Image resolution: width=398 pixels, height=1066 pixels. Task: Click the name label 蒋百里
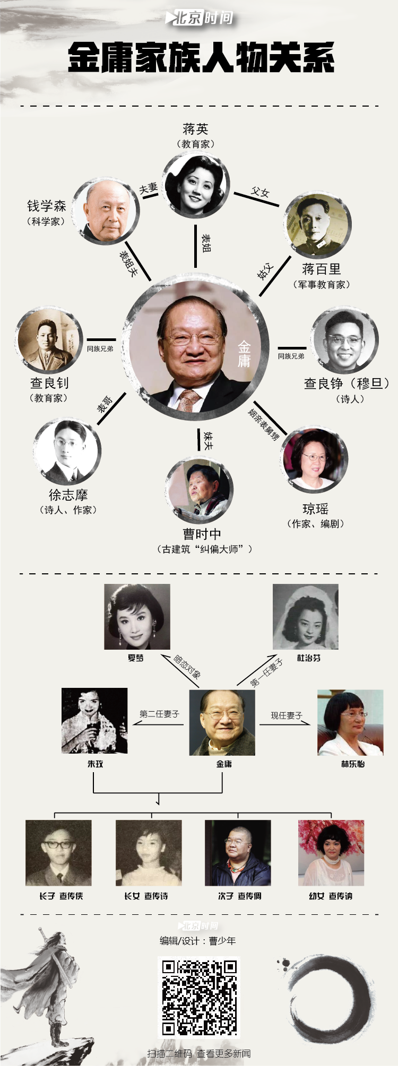tap(321, 269)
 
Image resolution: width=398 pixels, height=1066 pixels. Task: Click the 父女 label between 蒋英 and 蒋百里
tap(260, 192)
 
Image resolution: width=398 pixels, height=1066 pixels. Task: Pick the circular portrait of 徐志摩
tap(67, 451)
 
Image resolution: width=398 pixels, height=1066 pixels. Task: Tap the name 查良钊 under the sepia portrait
tap(49, 383)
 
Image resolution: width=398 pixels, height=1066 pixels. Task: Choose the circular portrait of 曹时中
tap(199, 491)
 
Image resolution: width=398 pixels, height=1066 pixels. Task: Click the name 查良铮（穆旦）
tap(346, 383)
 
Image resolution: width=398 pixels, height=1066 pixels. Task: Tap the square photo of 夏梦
tap(137, 617)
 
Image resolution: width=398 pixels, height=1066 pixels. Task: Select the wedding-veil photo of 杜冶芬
tap(306, 617)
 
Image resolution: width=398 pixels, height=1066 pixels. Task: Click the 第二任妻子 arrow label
tap(159, 714)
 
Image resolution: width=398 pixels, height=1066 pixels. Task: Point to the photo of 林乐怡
tap(350, 722)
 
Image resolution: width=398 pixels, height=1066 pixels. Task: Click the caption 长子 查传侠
tap(61, 896)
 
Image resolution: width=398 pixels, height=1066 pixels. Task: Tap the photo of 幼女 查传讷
tap(331, 853)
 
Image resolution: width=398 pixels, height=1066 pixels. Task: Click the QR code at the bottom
tap(200, 998)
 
